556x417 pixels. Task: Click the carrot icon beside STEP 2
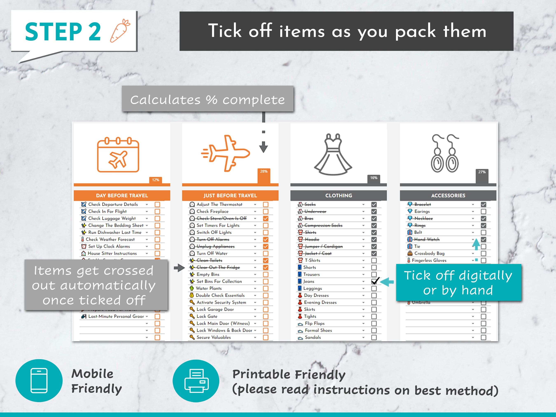[120, 31]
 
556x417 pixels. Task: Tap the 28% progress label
[264, 171]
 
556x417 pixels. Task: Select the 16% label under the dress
[374, 178]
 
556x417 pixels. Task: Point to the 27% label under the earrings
[482, 172]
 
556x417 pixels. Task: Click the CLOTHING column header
[338, 196]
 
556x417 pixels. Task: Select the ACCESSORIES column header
[448, 196]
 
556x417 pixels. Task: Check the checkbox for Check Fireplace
[265, 212]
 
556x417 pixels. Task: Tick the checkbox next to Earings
[483, 212]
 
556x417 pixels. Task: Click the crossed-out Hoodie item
[312, 239]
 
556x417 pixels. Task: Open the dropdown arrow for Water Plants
[255, 289]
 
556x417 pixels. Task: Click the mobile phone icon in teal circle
[39, 380]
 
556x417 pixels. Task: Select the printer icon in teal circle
[196, 381]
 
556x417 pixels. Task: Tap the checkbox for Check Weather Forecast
[157, 239]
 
